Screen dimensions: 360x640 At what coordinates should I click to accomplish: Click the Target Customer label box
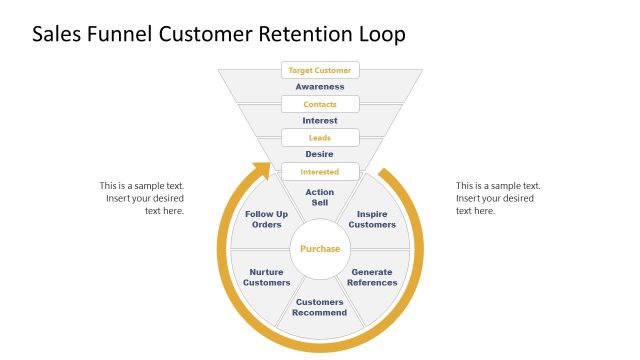coord(320,70)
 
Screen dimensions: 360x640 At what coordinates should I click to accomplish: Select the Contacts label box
coord(320,104)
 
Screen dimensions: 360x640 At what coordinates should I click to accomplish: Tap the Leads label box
coord(320,137)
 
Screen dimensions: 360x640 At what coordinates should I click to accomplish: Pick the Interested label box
coord(320,171)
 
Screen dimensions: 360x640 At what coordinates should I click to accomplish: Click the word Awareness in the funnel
coord(320,87)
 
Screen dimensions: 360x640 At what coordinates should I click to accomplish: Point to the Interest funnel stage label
coord(320,120)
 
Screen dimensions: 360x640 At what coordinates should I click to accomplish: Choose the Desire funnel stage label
coord(320,154)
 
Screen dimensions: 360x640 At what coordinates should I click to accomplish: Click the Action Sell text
coord(320,197)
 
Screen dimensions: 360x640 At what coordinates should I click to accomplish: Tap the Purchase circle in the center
coord(320,248)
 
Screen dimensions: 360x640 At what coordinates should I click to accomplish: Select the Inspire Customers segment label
coord(372,219)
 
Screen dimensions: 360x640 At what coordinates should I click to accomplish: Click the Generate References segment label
coord(372,277)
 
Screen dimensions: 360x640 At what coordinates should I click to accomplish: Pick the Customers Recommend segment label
coord(320,307)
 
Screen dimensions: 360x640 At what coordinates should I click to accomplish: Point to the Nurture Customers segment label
coord(267,277)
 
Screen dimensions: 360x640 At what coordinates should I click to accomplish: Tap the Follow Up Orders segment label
coord(267,219)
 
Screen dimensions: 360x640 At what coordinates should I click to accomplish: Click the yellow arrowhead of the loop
coord(261,171)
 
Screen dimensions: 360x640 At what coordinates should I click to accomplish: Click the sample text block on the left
coord(142,198)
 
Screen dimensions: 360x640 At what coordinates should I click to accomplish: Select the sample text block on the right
coord(498,198)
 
